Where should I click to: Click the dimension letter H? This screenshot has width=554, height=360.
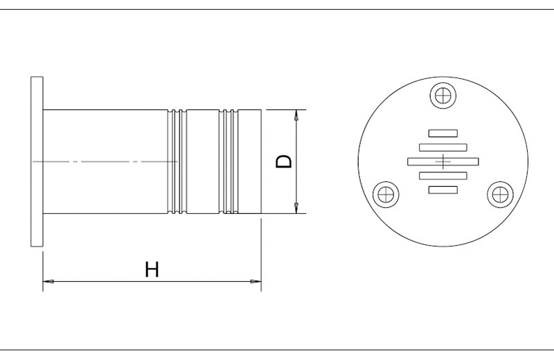[x=152, y=269]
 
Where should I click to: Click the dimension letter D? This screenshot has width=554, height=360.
[x=284, y=161]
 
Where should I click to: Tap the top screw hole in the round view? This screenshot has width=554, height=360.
[x=443, y=96]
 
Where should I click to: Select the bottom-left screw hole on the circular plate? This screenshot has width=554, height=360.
[x=386, y=195]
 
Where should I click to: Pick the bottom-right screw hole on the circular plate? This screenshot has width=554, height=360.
[x=500, y=195]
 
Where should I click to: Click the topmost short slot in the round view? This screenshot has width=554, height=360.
[x=443, y=133]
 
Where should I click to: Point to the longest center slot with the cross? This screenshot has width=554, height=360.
[x=443, y=161]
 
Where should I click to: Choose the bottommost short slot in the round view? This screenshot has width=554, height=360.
[x=443, y=190]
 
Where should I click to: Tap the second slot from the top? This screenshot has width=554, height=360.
[x=443, y=147]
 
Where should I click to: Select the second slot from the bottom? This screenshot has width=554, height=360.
[x=443, y=176]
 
